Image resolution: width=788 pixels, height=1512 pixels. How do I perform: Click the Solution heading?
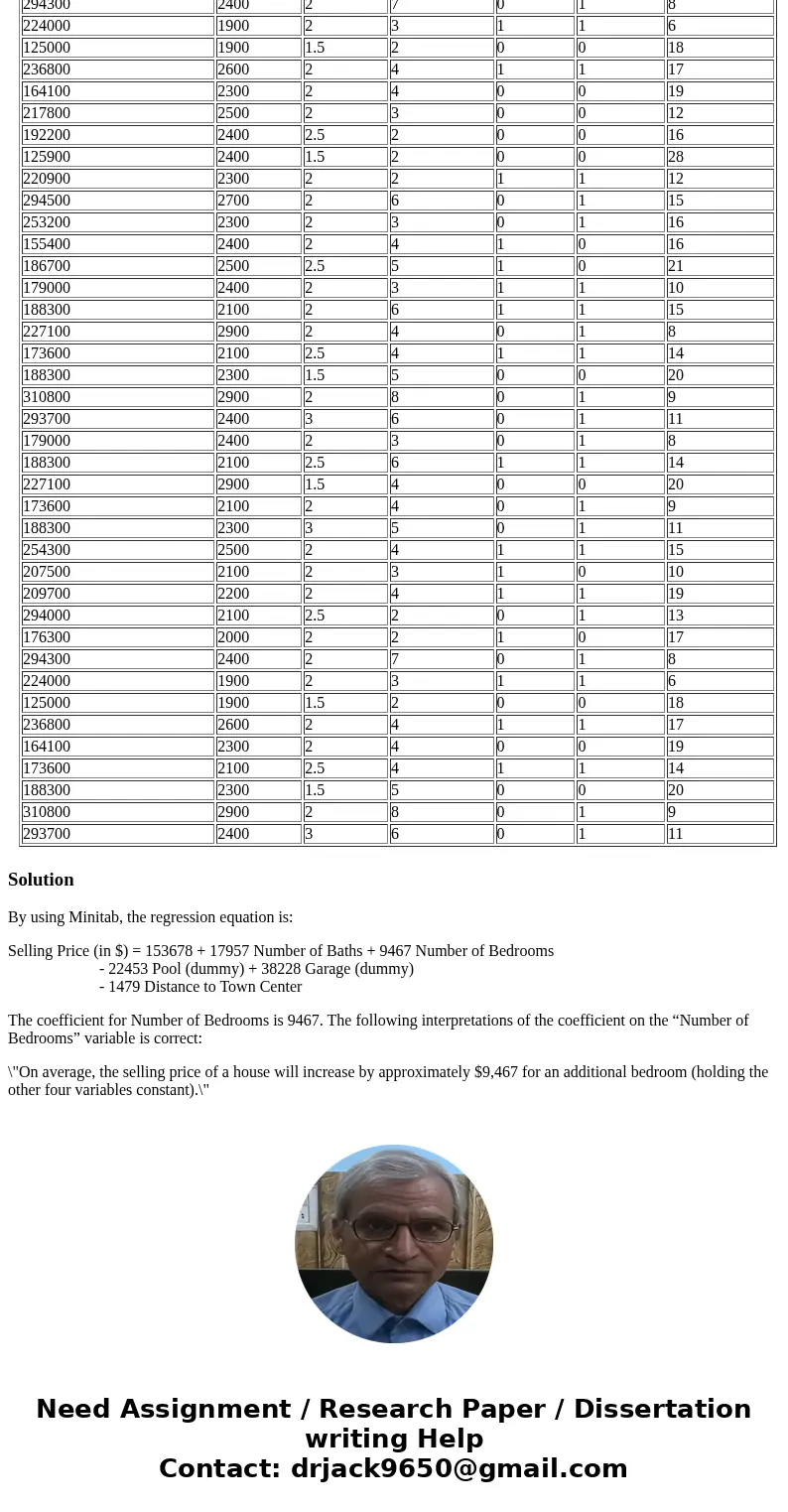pyautogui.click(x=41, y=880)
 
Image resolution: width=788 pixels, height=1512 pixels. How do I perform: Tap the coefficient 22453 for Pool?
pyautogui.click(x=128, y=969)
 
